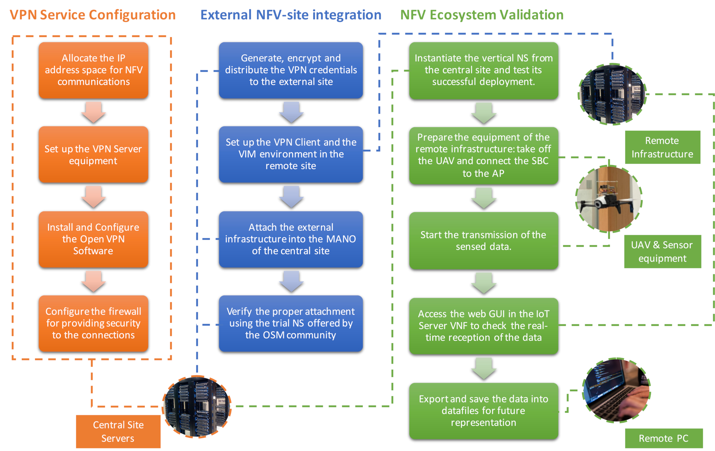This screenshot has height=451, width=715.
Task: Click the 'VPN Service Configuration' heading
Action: (93, 15)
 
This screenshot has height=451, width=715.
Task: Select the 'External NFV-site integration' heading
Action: (291, 15)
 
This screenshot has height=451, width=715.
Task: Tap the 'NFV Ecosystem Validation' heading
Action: (482, 15)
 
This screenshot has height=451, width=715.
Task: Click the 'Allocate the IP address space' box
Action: (93, 70)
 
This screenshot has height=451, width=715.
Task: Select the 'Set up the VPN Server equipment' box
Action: (93, 155)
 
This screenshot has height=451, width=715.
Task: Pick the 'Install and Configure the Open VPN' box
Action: (93, 239)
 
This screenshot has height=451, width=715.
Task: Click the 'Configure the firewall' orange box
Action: (93, 324)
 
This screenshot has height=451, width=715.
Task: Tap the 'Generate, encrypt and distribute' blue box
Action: (291, 70)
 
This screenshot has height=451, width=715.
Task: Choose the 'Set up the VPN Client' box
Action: (291, 155)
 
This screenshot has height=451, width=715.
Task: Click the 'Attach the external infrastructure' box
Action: (291, 239)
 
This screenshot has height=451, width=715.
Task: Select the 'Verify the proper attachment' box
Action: (291, 324)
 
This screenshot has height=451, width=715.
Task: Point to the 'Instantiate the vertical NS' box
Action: (483, 71)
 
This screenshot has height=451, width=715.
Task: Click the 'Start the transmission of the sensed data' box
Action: (483, 241)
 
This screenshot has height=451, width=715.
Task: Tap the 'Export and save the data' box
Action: (483, 411)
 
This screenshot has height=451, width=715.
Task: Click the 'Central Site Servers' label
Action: (118, 431)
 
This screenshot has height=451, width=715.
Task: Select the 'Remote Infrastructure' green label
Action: (662, 147)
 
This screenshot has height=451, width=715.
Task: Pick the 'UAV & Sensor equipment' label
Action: (662, 251)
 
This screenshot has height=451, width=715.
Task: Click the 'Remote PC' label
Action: (664, 438)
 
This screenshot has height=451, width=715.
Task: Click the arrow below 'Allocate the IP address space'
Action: (93, 112)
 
